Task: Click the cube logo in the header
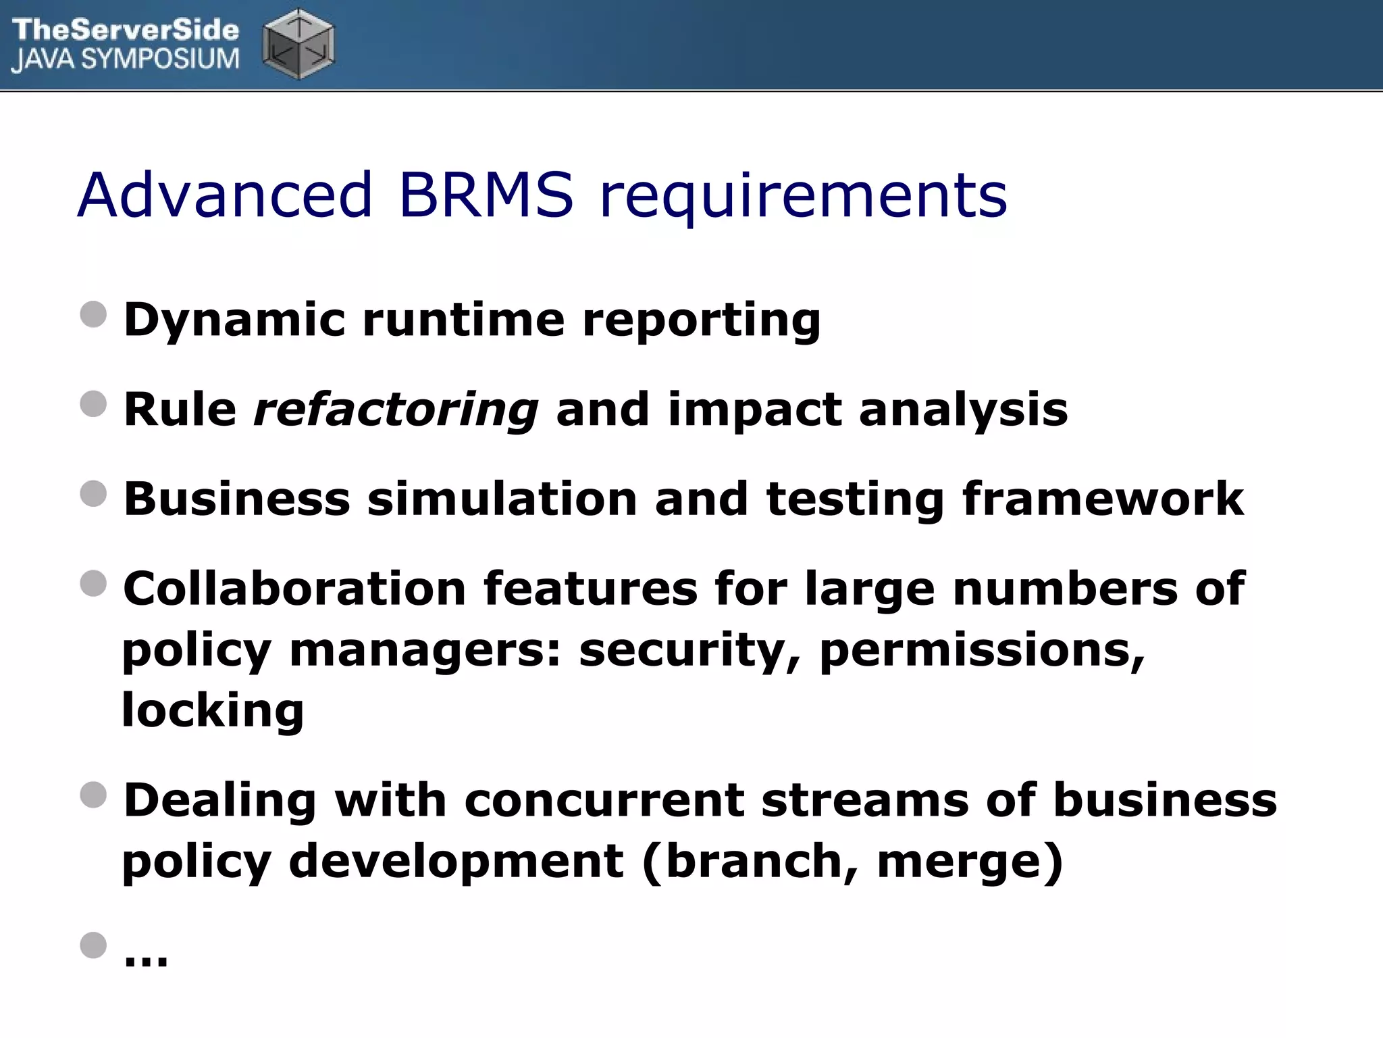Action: pos(298,44)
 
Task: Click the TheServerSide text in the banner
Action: pos(126,29)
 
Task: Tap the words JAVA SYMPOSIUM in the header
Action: pos(126,60)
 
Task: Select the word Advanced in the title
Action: pos(226,195)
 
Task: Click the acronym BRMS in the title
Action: pos(486,195)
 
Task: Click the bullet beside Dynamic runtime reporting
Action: pos(93,315)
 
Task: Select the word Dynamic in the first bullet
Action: pos(234,320)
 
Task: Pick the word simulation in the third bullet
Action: pos(502,499)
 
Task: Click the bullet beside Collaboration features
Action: pos(93,584)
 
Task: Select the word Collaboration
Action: pos(294,589)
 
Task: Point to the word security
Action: pos(689,651)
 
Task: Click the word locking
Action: pos(213,712)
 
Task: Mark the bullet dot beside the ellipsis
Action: pos(93,945)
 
